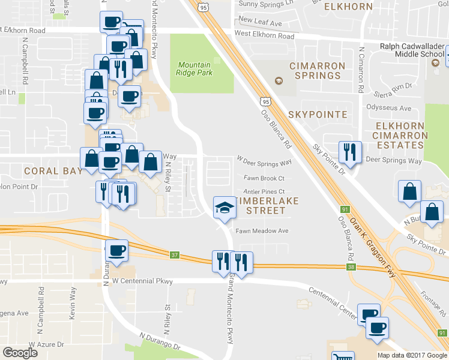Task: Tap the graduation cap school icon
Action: click(224, 208)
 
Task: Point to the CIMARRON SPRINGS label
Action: click(318, 70)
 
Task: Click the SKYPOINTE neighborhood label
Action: click(318, 114)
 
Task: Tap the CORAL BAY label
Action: click(53, 170)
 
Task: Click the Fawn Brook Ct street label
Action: click(264, 178)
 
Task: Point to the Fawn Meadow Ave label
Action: click(262, 231)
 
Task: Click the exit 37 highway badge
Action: click(175, 255)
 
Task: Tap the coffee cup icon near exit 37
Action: click(116, 250)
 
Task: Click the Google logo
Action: click(20, 353)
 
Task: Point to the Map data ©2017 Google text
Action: click(411, 355)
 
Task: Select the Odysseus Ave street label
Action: click(388, 109)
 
